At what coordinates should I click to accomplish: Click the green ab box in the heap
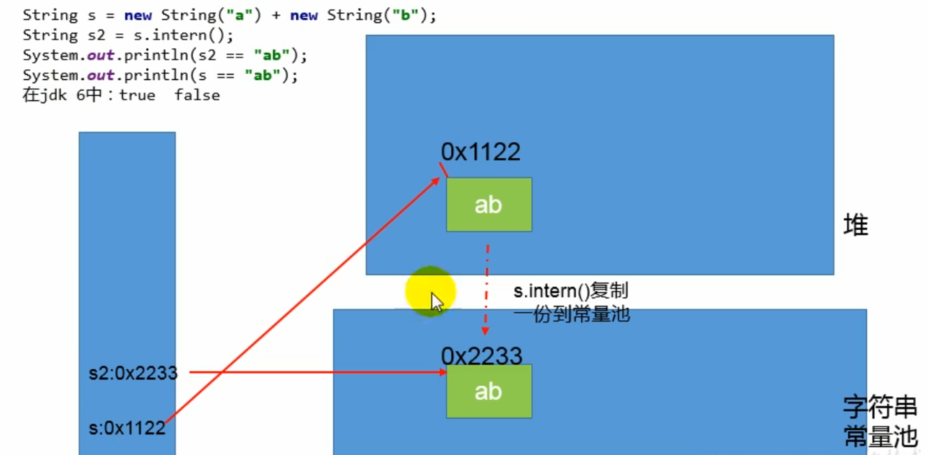tap(489, 204)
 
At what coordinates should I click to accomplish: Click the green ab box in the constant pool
tap(489, 391)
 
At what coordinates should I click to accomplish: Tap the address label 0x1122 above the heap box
tap(480, 152)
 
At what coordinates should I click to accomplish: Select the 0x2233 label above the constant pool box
tap(481, 356)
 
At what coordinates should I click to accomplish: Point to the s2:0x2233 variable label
tap(133, 373)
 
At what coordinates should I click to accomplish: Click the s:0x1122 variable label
tap(127, 428)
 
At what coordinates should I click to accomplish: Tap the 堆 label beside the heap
tap(856, 225)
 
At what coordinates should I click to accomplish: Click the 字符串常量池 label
tap(880, 421)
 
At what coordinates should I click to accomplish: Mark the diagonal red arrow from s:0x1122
tap(301, 301)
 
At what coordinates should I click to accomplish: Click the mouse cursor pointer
tap(437, 302)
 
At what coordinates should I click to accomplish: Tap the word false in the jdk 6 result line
tap(197, 95)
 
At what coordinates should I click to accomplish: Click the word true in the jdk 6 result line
tap(137, 95)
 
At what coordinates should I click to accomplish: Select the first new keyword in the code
tap(138, 16)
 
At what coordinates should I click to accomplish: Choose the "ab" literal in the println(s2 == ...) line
tap(271, 55)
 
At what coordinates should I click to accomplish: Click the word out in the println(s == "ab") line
tap(100, 75)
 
